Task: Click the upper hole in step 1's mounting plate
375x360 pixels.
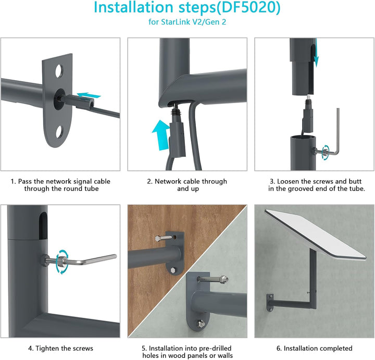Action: click(59, 71)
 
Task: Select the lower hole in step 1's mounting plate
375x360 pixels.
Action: click(59, 132)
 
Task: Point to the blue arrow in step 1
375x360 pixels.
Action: click(89, 95)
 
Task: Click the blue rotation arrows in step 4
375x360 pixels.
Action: click(62, 262)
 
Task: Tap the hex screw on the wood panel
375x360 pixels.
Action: click(164, 238)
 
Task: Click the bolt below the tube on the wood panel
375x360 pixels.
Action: click(173, 270)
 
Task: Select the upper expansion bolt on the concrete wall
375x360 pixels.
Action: click(213, 279)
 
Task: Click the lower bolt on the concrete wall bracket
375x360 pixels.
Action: click(201, 324)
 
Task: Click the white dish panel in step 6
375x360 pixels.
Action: click(316, 234)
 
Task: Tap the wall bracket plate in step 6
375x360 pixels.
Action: click(270, 303)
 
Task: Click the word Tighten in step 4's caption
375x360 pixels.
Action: click(47, 349)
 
